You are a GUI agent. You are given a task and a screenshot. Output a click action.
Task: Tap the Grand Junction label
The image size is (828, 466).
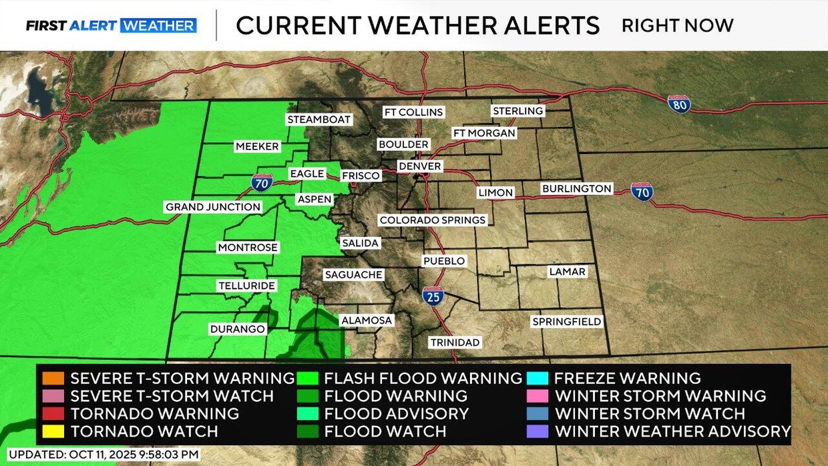click(x=213, y=207)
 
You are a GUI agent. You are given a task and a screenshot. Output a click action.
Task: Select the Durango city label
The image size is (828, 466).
click(x=238, y=329)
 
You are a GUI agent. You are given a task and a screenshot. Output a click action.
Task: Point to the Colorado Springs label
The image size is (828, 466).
click(x=433, y=220)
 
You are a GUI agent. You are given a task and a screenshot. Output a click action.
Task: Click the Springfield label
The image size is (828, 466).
click(x=566, y=322)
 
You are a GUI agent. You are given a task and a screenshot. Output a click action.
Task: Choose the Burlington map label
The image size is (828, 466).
click(x=577, y=189)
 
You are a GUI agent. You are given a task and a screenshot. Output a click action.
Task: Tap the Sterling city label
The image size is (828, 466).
click(x=517, y=111)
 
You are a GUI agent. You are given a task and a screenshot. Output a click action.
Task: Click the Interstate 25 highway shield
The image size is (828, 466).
click(x=433, y=296)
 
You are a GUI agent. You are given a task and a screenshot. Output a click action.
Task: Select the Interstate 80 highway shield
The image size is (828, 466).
click(x=679, y=103)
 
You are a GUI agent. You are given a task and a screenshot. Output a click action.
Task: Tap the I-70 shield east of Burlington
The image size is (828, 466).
click(x=642, y=192)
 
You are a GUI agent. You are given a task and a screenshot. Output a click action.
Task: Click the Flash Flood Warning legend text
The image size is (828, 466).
click(x=423, y=379)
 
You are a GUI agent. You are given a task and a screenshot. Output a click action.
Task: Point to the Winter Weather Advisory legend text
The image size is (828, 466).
click(x=672, y=431)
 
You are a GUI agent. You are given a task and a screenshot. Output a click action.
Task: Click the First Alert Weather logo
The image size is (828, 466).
click(x=111, y=26)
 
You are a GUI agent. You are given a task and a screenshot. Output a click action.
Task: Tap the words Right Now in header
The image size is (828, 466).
click(x=677, y=26)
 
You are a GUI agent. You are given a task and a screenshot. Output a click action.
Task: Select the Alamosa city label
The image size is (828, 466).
click(x=367, y=320)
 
